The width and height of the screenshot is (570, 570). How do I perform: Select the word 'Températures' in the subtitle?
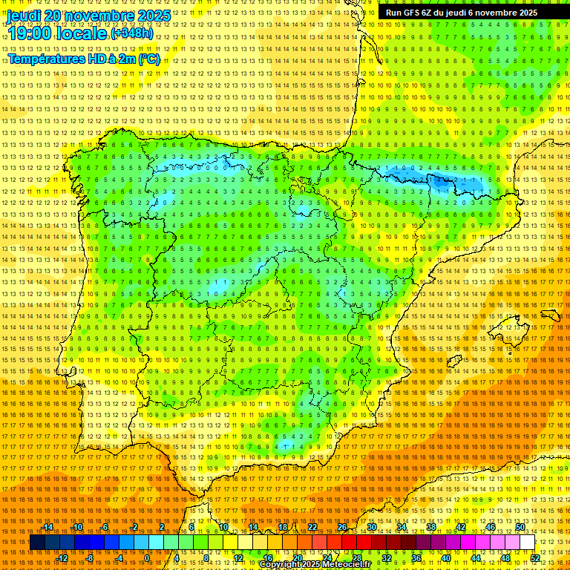[44, 59]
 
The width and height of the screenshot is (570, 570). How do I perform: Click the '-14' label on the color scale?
[47, 527]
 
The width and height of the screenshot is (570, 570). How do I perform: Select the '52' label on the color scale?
[534, 558]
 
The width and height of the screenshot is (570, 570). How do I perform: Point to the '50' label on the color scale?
[520, 527]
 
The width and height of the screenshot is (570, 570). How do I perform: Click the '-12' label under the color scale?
[62, 558]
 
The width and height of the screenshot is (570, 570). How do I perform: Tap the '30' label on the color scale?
[371, 527]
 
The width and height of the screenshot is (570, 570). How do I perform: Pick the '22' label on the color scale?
[312, 527]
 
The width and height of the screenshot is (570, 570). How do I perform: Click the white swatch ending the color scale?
[527, 543]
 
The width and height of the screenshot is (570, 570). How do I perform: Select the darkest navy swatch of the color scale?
[37, 543]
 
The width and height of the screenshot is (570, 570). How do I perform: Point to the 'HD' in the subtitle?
[96, 59]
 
